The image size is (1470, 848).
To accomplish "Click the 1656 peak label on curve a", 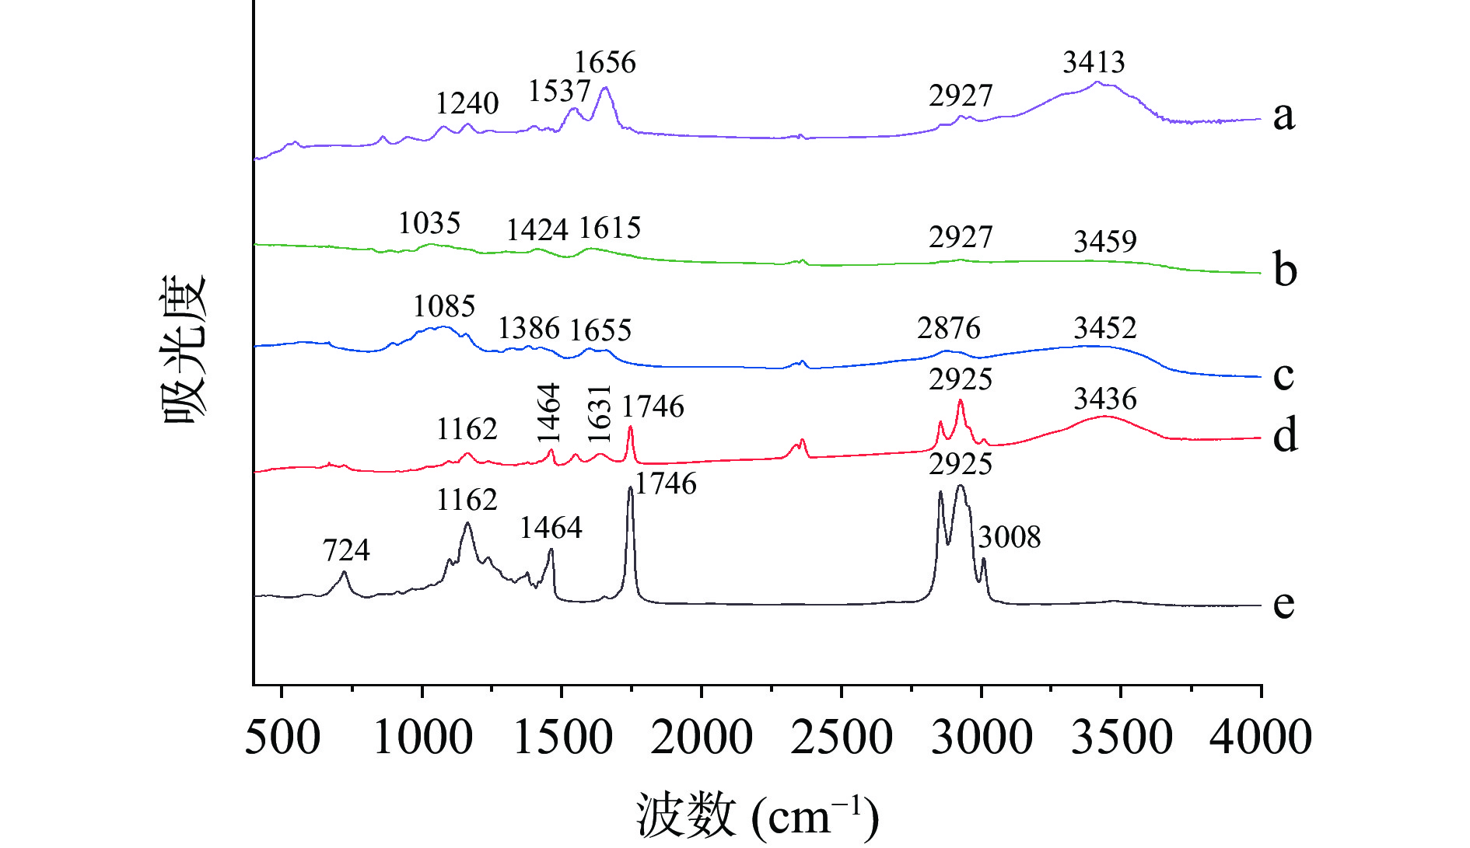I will (605, 62).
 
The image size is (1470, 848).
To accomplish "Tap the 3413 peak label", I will (1094, 62).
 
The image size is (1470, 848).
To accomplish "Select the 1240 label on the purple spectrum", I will (467, 103).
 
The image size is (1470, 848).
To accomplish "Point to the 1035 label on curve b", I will (429, 224).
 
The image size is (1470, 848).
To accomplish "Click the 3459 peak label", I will (1105, 242).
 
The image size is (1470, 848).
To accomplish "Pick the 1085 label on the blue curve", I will (444, 306).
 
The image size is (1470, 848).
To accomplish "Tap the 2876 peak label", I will (949, 328).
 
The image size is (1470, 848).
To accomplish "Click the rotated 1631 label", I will (600, 414).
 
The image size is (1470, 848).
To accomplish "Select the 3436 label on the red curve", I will (1105, 399).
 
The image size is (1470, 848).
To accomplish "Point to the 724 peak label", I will (346, 550).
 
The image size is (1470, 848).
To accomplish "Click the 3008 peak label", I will (1010, 537).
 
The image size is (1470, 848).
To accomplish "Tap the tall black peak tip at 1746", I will (630, 488).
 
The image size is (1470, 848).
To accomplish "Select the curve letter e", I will (1284, 603).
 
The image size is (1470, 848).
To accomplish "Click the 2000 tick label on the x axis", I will (702, 737).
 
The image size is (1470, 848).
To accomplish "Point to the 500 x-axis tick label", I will (282, 737).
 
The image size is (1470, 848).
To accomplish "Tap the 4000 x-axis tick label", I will (1260, 737).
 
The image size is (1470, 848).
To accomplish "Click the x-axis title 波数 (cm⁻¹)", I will (758, 815).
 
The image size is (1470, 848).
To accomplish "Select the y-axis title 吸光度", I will (184, 349).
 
